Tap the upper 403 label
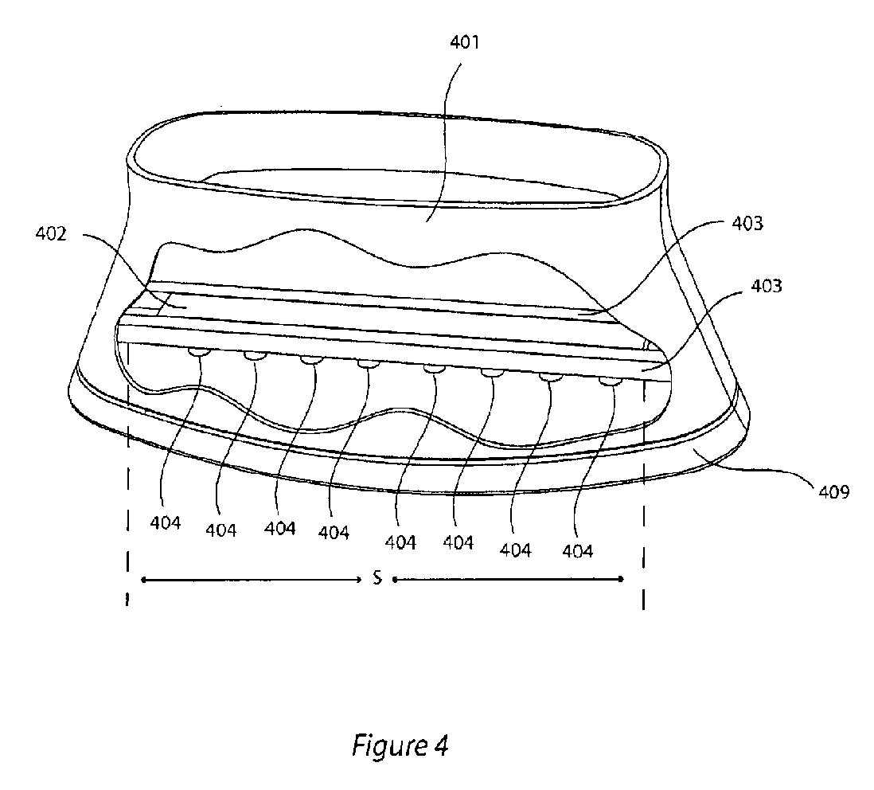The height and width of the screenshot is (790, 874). coord(746,224)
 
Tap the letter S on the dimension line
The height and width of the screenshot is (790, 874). coord(377,579)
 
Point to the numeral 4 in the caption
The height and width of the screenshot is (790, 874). coord(441,746)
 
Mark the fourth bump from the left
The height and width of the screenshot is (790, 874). coord(368,365)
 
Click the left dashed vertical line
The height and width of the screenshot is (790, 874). coord(127,518)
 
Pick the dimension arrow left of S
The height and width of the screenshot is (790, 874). coord(251,580)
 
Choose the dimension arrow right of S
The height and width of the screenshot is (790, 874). coord(508,580)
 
